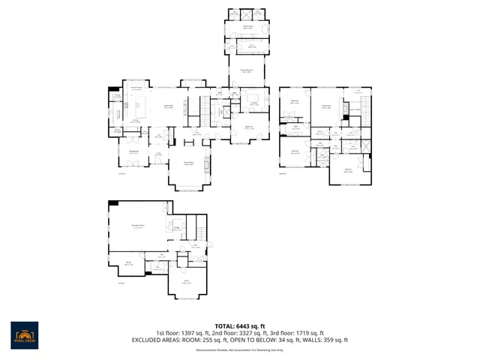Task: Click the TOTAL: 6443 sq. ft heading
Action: [x=240, y=325]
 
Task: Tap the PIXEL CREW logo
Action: [x=24, y=333]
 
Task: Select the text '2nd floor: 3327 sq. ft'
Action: [x=240, y=333]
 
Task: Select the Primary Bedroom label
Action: [x=245, y=71]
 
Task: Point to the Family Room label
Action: [x=169, y=106]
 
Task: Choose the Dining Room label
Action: [x=189, y=163]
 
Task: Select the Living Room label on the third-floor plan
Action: [x=326, y=106]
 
